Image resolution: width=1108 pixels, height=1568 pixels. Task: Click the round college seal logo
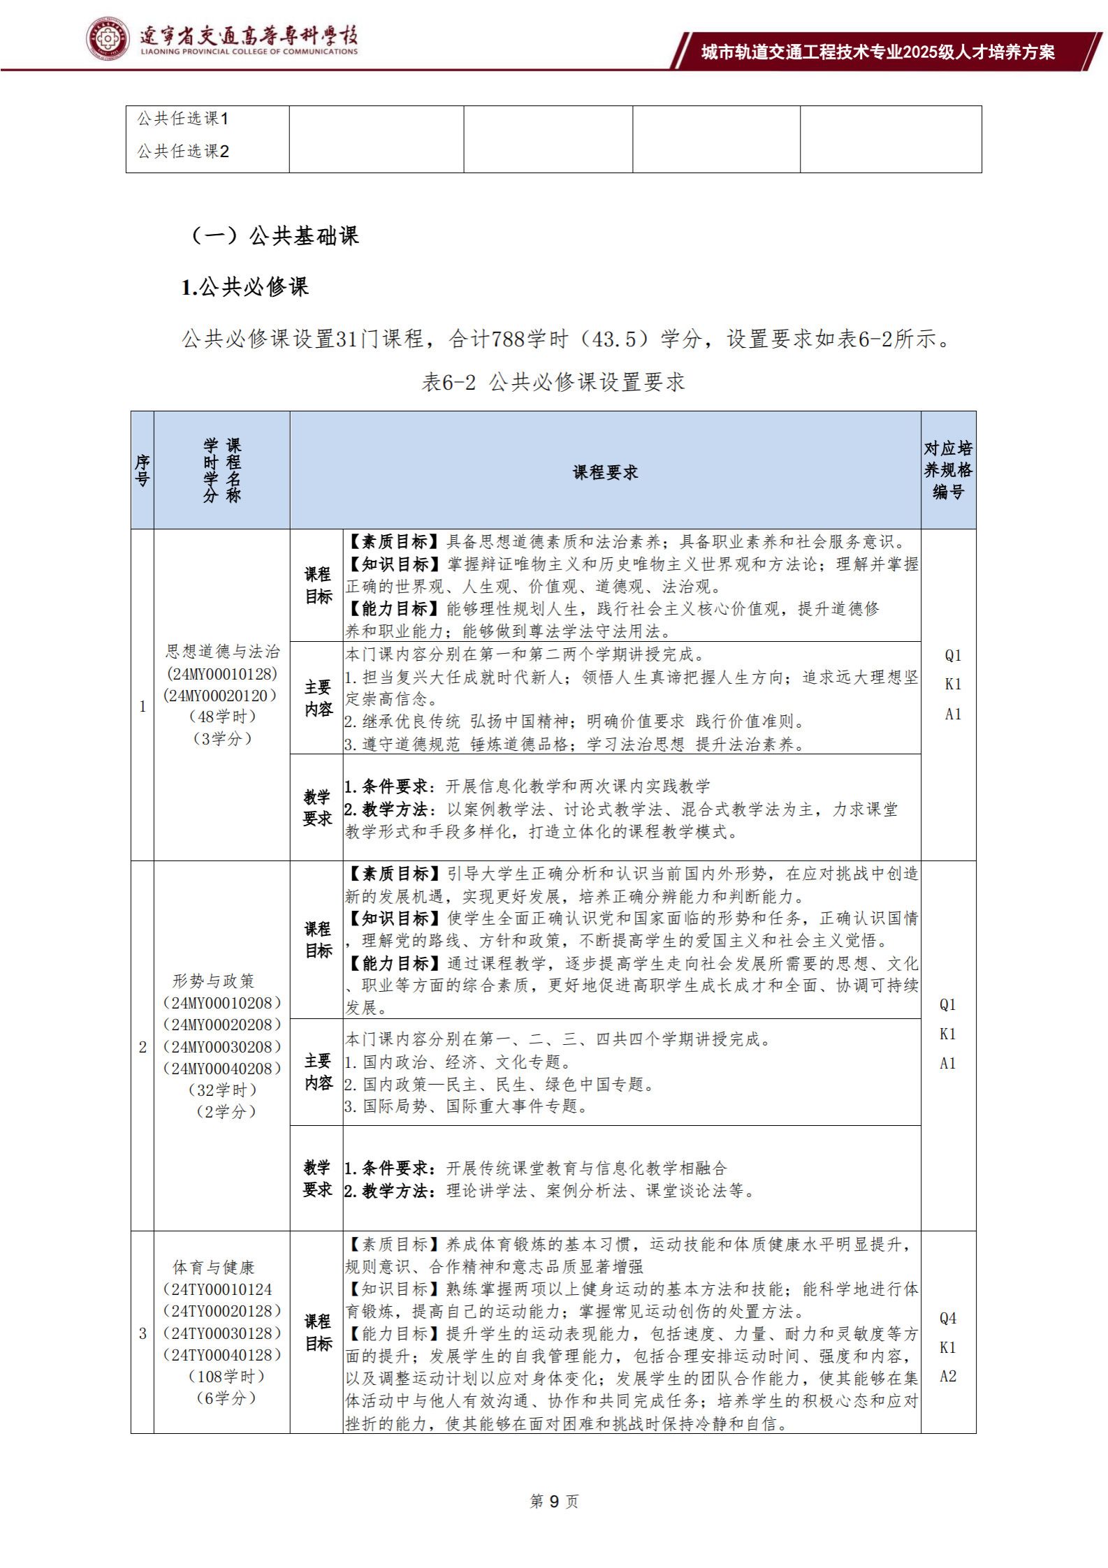coord(108,38)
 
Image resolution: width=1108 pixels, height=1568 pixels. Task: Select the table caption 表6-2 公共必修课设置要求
coord(553,381)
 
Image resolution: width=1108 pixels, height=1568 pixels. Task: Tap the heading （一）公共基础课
coord(275,235)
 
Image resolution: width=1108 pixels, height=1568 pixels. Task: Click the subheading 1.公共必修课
coord(245,287)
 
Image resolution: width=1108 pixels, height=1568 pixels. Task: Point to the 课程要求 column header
coord(605,472)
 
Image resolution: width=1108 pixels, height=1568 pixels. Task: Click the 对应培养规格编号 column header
coord(948,469)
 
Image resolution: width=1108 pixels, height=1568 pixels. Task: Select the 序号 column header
coord(143,470)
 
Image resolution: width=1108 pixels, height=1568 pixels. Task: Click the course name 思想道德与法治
coord(222,651)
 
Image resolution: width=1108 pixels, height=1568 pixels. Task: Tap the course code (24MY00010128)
coord(222,673)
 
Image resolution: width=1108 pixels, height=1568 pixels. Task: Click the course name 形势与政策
coord(213,981)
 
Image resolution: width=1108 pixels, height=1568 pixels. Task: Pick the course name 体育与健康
coord(214,1267)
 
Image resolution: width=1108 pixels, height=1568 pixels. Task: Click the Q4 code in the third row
coord(948,1318)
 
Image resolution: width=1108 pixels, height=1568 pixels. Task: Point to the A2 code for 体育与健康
coord(948,1376)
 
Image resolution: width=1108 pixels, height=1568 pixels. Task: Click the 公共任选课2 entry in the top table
coord(183,152)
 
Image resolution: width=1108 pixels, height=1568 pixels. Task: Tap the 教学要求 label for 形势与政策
coord(317,1178)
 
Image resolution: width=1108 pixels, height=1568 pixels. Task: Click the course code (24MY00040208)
coord(222,1068)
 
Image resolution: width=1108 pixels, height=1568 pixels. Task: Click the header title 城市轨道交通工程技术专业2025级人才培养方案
coord(877,52)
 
